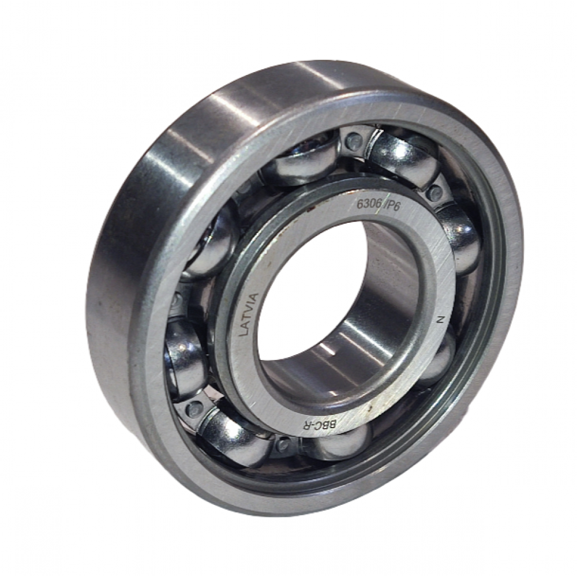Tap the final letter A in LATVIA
[255, 295]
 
